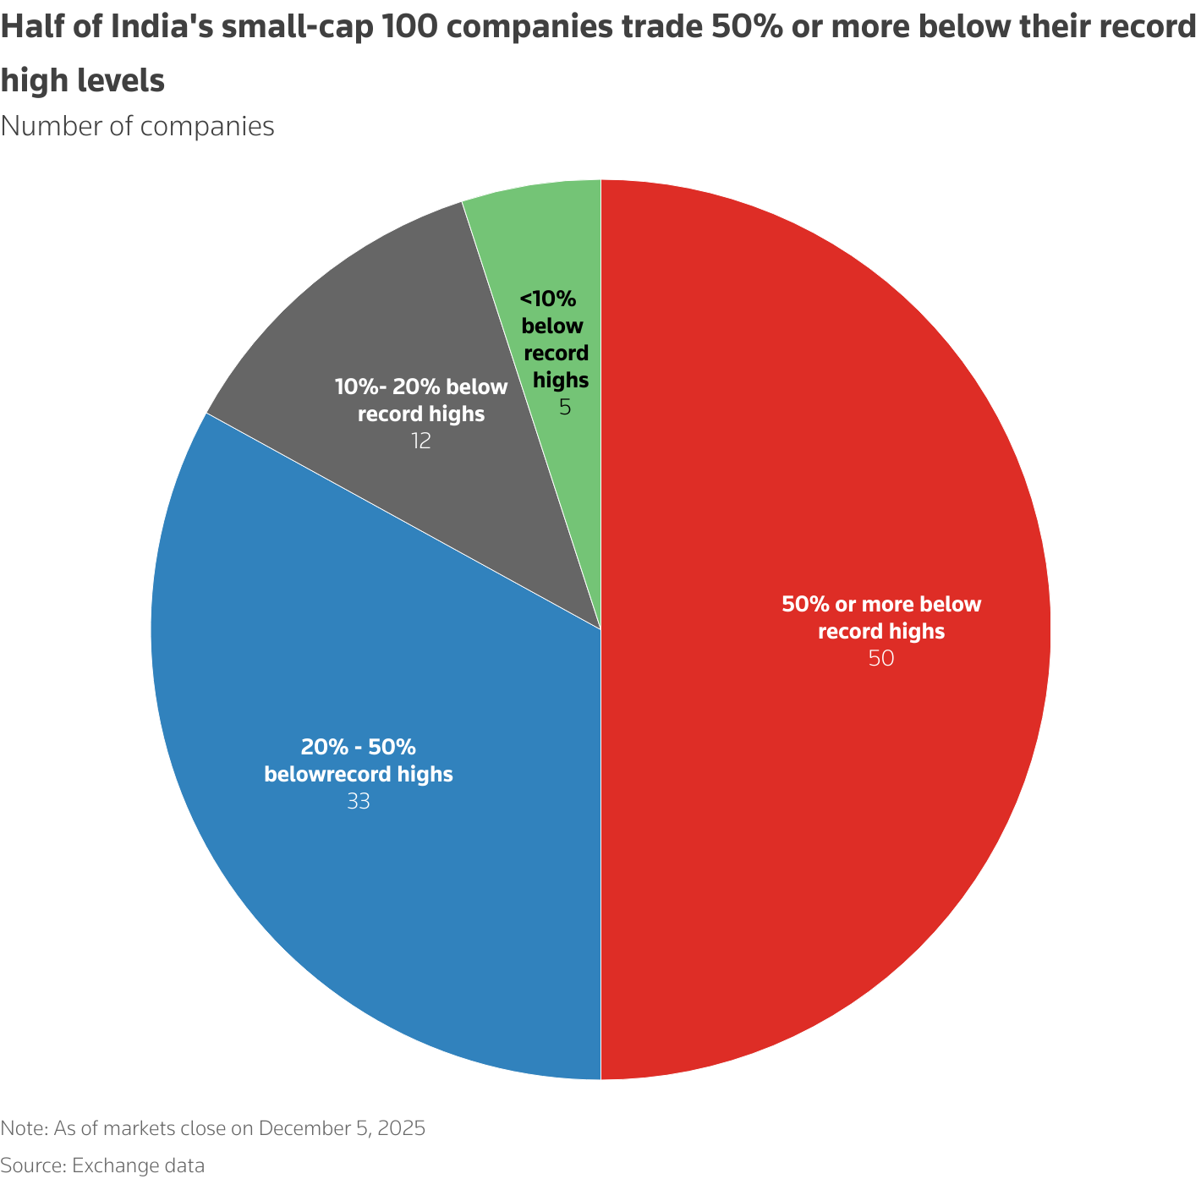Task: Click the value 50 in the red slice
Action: coord(880,659)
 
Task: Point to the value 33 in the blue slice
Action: coord(359,802)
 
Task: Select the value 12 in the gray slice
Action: coord(421,441)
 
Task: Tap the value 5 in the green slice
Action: coord(565,408)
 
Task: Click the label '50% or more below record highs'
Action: coord(880,618)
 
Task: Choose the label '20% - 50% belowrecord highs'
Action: coord(359,761)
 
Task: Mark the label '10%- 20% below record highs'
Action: coord(421,401)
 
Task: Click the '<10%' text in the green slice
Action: coord(547,299)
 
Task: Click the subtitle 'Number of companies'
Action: coord(138,126)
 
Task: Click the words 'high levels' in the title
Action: coord(82,80)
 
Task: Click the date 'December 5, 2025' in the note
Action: coord(342,1128)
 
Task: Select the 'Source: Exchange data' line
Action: coord(102,1165)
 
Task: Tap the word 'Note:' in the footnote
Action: coord(25,1128)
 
